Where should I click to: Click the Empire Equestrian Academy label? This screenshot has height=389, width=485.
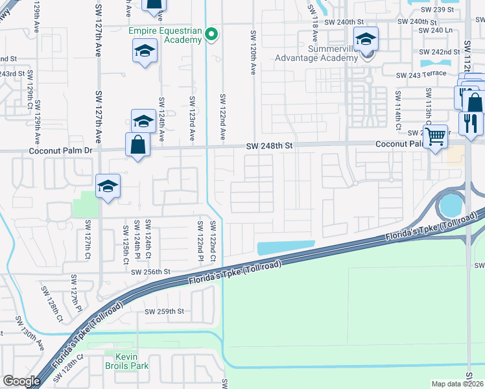pyautogui.click(x=165, y=35)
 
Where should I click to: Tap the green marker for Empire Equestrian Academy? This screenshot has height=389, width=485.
pyautogui.click(x=211, y=35)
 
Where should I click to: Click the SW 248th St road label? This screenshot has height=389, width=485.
pyautogui.click(x=270, y=147)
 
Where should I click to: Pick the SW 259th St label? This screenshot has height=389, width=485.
pyautogui.click(x=165, y=311)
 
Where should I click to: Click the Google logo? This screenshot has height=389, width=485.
pyautogui.click(x=22, y=381)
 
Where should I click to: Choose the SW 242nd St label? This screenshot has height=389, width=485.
pyautogui.click(x=439, y=52)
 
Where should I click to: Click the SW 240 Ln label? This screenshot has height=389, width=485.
pyautogui.click(x=436, y=30)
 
